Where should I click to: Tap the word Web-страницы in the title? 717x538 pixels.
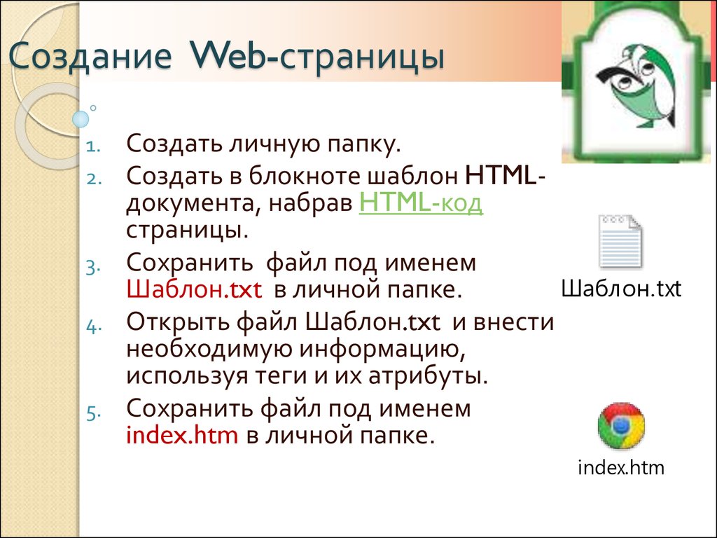coord(317,56)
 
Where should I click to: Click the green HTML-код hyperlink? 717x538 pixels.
coord(421,203)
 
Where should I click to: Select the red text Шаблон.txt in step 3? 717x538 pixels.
coord(194,289)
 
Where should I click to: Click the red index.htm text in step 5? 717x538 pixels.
coord(182,434)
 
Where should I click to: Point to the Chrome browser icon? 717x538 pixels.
coord(621,426)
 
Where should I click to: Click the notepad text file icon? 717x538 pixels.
coord(621,242)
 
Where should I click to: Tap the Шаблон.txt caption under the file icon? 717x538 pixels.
coord(621,289)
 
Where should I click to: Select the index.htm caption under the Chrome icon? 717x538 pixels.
coord(621,467)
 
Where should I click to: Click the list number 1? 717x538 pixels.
coord(93,147)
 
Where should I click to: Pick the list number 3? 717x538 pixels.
coord(93,267)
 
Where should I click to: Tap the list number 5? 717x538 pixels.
coord(93,413)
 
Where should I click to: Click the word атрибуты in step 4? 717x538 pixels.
coord(428,376)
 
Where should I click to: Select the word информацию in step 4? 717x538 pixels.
coord(382,350)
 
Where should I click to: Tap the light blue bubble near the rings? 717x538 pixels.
coord(81,119)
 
